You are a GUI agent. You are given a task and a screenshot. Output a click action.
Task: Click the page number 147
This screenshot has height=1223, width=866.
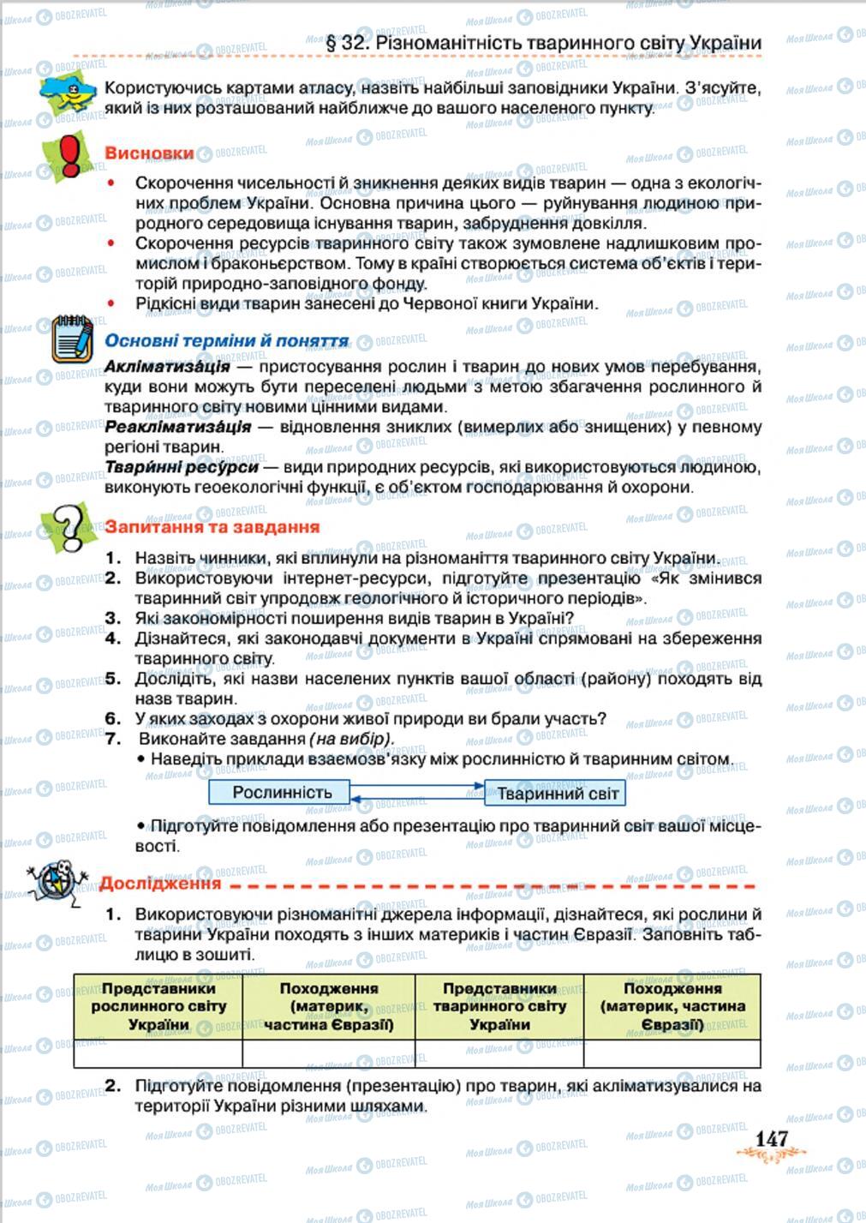[770, 1138]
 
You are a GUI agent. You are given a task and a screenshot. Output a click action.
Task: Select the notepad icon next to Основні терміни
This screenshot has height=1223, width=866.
[73, 340]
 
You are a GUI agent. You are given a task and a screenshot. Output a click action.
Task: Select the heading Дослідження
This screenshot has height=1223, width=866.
[160, 883]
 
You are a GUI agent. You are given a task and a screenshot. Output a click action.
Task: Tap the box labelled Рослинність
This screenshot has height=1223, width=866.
[281, 792]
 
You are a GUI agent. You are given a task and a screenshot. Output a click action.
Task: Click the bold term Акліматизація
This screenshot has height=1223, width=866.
[167, 367]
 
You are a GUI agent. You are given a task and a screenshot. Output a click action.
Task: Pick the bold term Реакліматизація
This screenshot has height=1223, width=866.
[177, 426]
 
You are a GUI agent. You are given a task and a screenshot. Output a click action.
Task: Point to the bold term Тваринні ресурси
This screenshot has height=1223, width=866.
[181, 467]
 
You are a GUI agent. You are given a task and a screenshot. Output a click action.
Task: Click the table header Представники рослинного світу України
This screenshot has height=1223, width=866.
[158, 1006]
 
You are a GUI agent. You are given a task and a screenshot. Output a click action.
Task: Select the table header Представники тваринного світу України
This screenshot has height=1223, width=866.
[499, 1006]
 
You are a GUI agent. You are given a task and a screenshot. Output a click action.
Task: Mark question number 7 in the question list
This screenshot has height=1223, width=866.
[113, 739]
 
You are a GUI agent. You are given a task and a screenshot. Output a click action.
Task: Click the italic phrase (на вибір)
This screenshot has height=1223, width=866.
[351, 739]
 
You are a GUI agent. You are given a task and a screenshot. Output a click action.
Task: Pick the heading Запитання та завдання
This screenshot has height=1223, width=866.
[212, 527]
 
